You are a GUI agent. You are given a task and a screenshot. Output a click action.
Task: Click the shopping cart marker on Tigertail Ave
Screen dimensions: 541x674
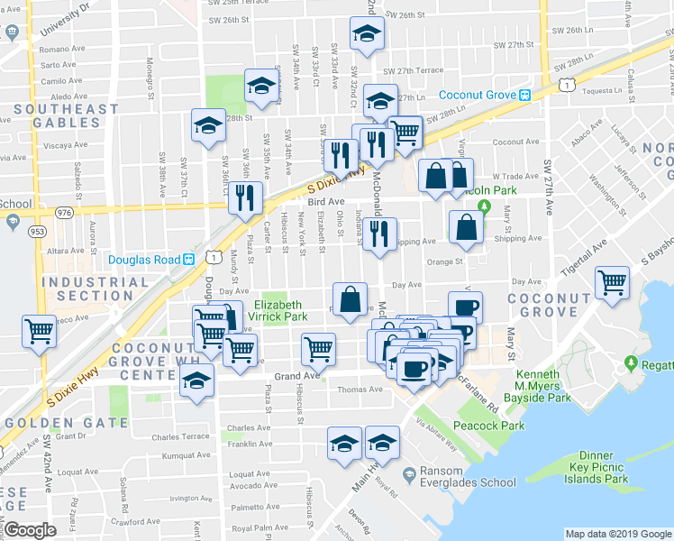[x=612, y=283]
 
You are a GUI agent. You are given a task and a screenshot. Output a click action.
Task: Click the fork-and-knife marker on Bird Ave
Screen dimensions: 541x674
[x=244, y=197]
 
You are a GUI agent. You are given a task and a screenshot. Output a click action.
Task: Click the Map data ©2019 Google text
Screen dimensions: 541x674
[x=617, y=534]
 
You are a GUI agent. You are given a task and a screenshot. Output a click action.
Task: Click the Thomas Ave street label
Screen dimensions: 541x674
[x=360, y=390]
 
